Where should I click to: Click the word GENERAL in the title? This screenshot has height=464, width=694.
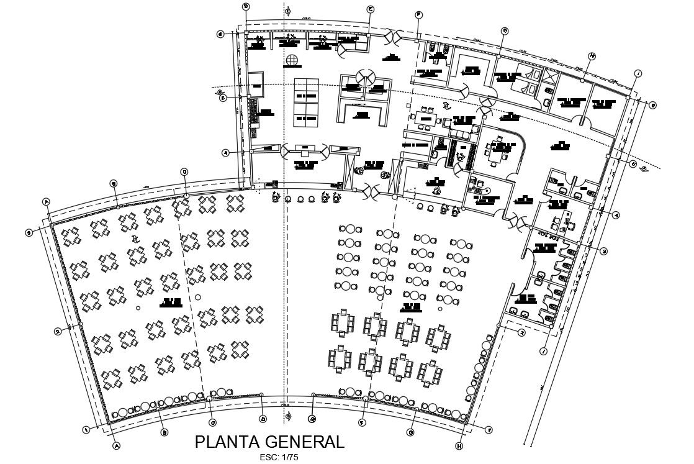click(x=304, y=442)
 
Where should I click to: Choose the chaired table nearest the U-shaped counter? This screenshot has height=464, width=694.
click(x=426, y=117)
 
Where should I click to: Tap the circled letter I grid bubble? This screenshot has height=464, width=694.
click(x=638, y=73)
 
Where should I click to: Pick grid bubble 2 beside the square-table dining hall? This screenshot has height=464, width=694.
click(x=58, y=331)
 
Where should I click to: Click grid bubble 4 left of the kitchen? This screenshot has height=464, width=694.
click(x=225, y=152)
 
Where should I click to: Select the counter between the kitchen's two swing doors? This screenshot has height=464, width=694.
click(x=306, y=150)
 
